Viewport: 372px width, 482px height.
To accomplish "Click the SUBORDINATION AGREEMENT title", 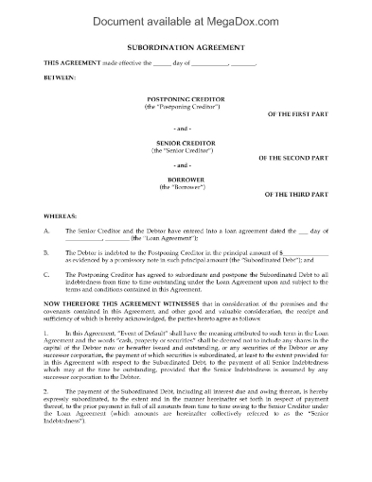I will (186, 45).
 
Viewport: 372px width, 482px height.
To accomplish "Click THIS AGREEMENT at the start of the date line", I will (70, 61).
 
